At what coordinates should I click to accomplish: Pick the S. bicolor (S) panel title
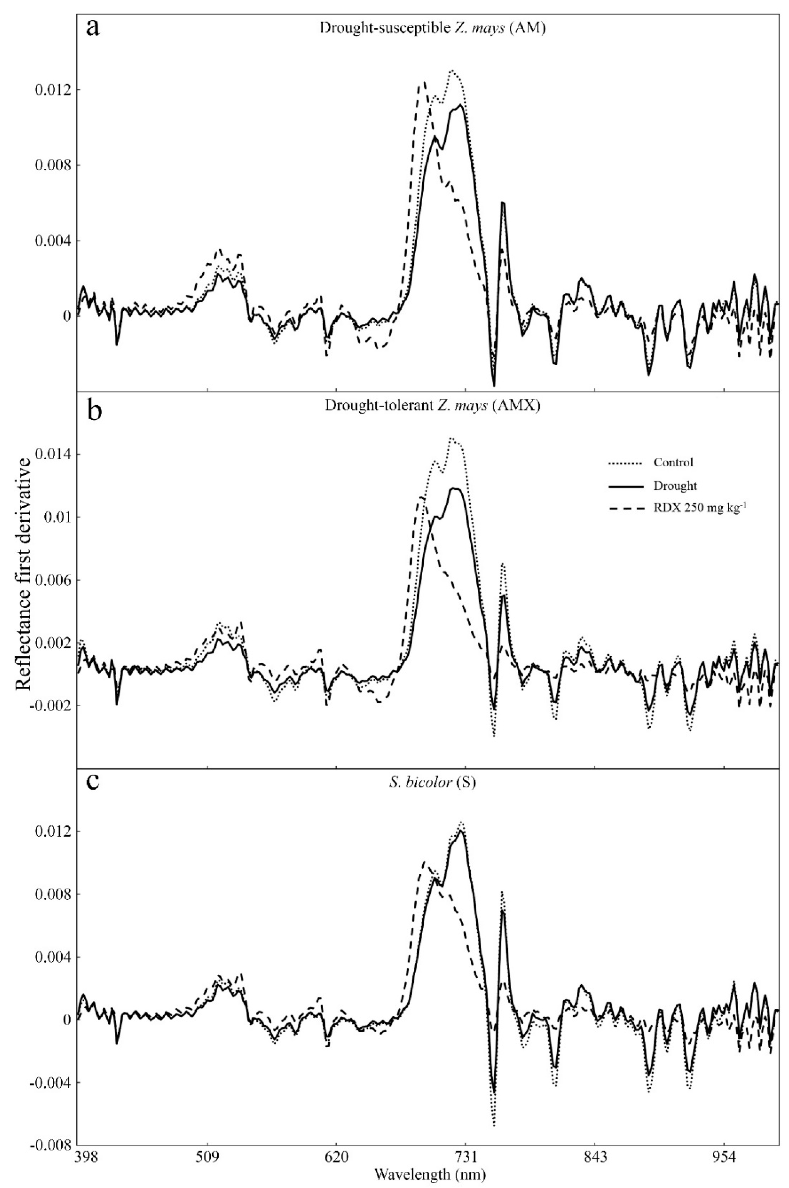(432, 783)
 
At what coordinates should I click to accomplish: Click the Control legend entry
(673, 462)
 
